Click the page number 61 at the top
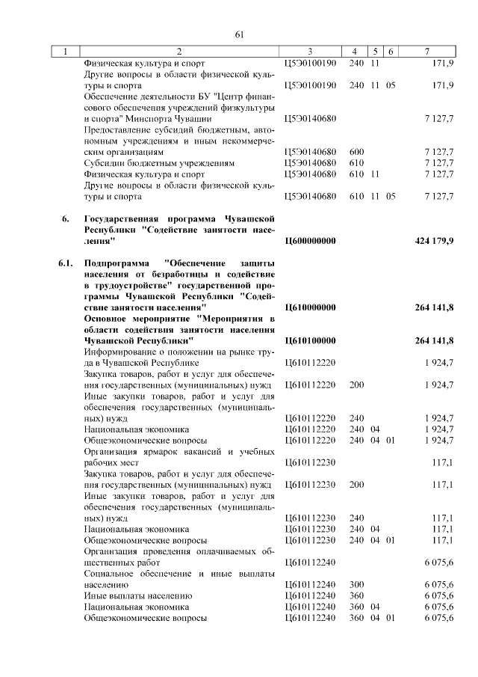tap(240, 34)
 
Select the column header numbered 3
tap(309, 52)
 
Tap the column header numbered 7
tap(426, 52)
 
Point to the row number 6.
tap(66, 219)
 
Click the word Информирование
tap(119, 352)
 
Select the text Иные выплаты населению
tap(132, 595)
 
